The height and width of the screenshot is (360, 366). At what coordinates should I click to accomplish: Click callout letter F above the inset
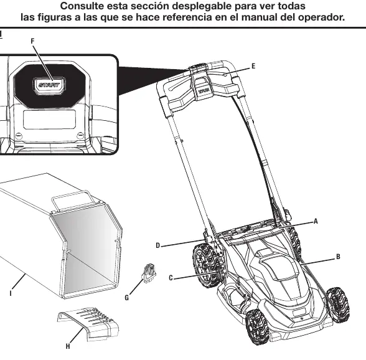coord(32,41)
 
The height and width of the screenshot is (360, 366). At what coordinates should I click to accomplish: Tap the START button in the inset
coord(49,85)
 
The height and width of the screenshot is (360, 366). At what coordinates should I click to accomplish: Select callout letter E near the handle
coord(253,67)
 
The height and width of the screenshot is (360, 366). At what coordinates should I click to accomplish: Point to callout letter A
coord(316,221)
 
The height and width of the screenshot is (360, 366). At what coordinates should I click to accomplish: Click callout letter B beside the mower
coord(338,257)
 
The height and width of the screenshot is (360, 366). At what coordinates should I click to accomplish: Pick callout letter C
coord(171,278)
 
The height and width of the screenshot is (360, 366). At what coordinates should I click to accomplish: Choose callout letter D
coord(158,245)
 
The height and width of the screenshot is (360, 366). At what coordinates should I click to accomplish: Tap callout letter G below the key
coord(127,298)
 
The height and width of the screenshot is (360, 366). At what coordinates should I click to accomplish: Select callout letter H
coord(68,346)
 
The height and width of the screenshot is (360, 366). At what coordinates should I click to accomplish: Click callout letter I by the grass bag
coord(11,293)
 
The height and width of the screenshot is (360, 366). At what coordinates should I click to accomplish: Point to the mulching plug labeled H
coord(88,323)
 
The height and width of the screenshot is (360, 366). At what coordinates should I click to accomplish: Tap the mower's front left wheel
coord(256,326)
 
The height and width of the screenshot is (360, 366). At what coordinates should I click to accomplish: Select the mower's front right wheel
coord(338,305)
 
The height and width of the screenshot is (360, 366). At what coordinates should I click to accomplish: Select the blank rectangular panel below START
coord(50,120)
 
